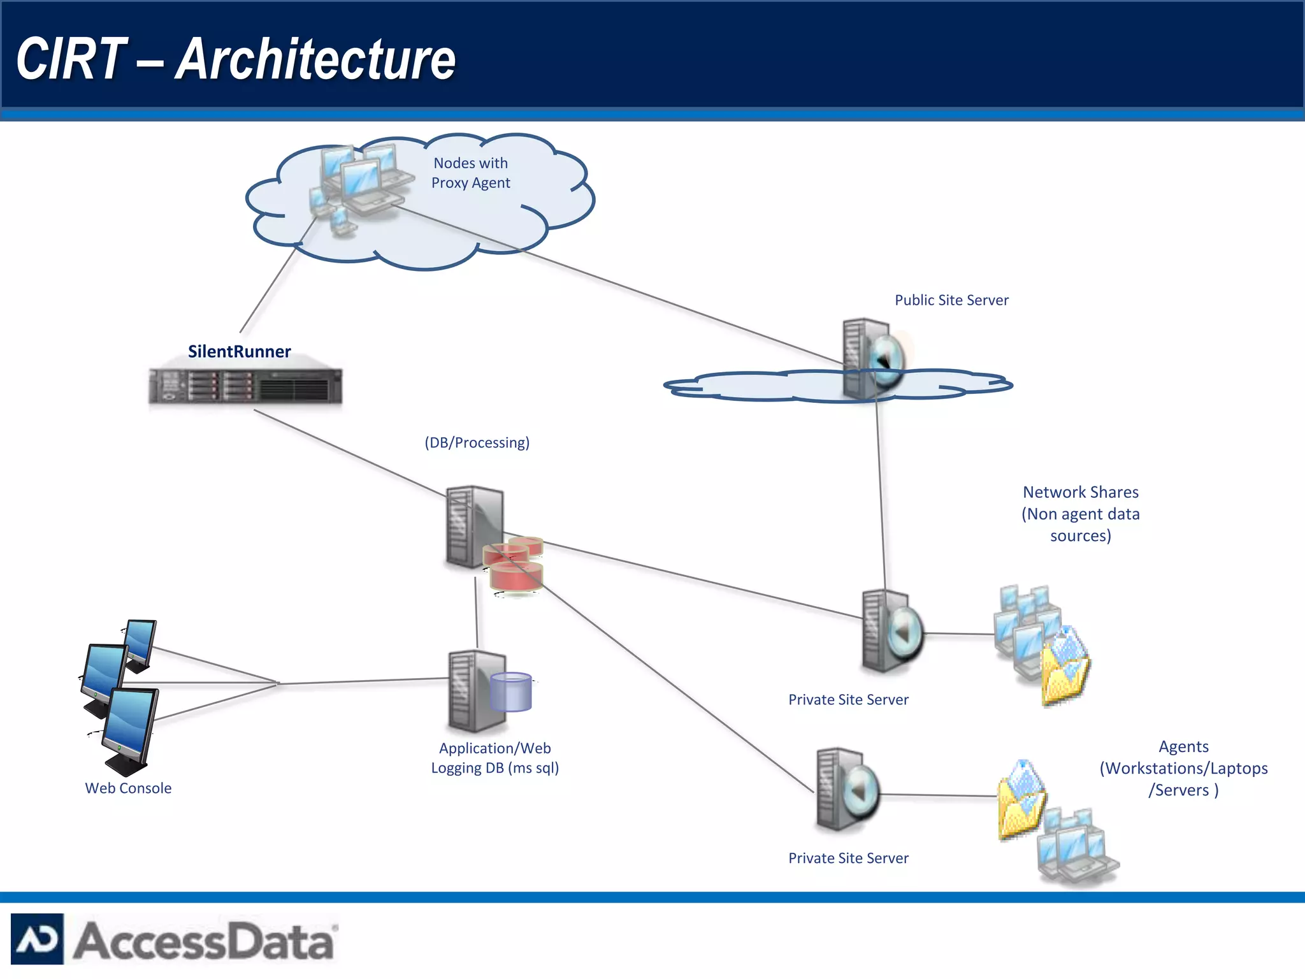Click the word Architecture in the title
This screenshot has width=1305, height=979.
[x=315, y=59]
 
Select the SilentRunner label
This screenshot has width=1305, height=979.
[x=239, y=351]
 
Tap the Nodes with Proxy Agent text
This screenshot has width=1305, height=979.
[x=470, y=173]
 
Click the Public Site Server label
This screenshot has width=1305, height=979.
[x=951, y=300]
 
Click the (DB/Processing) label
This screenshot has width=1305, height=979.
[x=477, y=442]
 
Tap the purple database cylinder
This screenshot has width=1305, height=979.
[x=511, y=692]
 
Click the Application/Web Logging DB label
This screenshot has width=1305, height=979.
[x=494, y=758]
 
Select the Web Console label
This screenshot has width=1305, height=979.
[x=128, y=788]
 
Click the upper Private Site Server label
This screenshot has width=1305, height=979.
[x=848, y=700]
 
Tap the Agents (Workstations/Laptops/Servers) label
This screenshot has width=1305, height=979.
[x=1183, y=768]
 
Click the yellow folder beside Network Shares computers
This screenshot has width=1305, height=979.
[x=1064, y=669]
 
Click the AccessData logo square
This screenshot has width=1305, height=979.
[x=37, y=939]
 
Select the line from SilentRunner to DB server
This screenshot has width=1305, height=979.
[x=350, y=453]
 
